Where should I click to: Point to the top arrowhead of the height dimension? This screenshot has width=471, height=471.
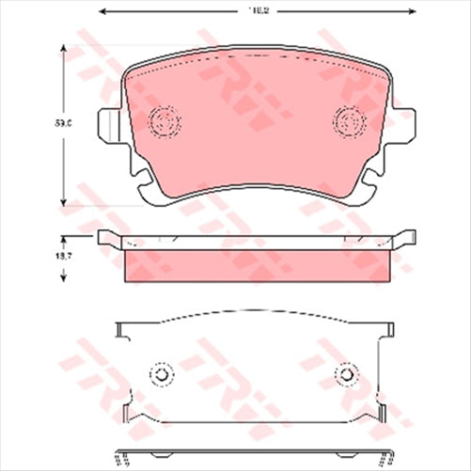63,42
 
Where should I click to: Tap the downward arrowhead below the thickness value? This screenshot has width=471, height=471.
63,279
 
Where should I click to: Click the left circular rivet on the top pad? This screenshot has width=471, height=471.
165,122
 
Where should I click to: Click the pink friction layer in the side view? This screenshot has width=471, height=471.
257,264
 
